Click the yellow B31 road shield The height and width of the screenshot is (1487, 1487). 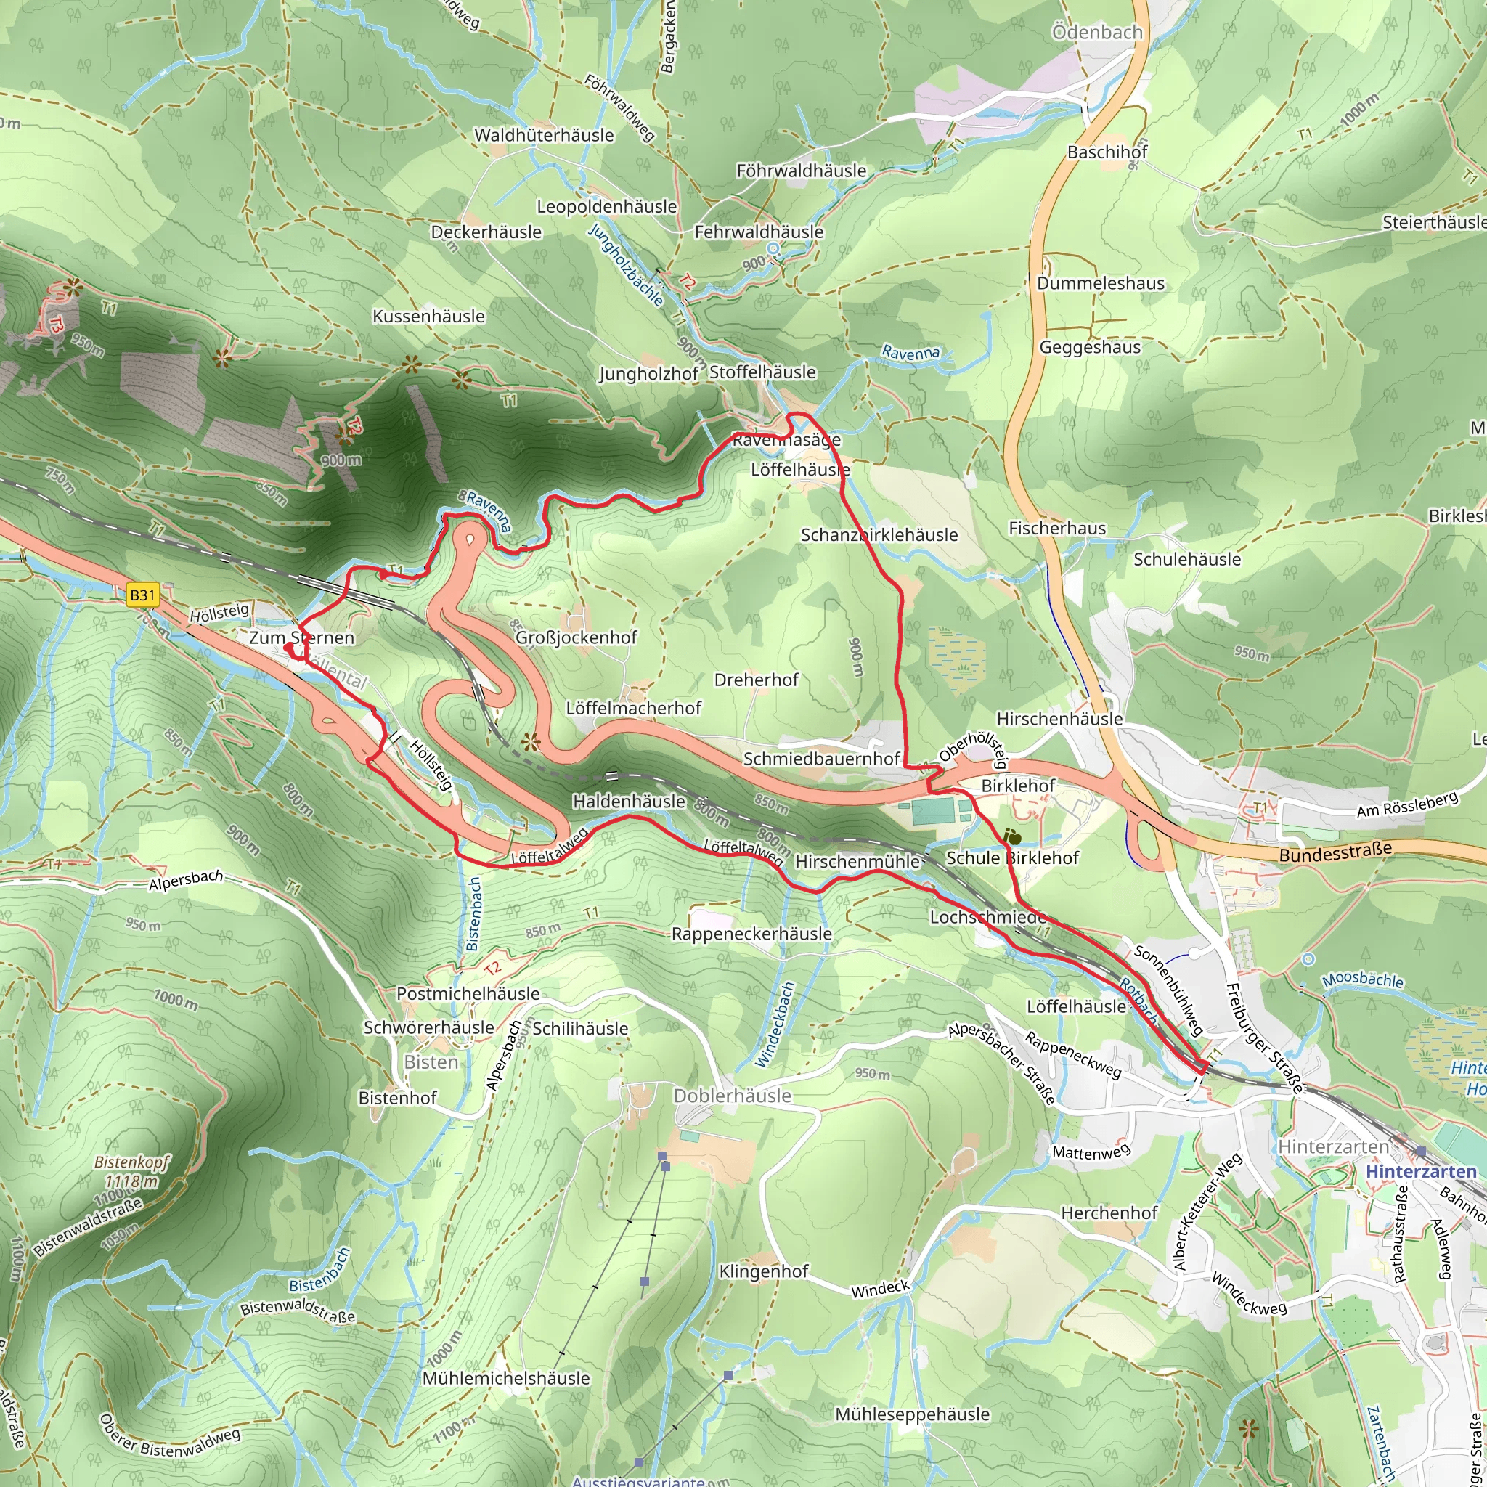[x=142, y=595]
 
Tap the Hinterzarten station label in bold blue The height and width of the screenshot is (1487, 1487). [x=1421, y=1171]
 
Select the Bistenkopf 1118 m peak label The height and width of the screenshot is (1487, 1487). [x=131, y=1171]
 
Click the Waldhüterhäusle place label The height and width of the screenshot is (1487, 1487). [x=543, y=136]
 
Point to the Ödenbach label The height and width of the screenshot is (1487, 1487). [x=1097, y=33]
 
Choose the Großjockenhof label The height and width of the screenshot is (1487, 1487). [x=576, y=637]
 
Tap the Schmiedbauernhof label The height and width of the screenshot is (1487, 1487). [x=820, y=759]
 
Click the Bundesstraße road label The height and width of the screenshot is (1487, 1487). [x=1335, y=852]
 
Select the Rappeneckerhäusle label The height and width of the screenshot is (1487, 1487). [x=751, y=934]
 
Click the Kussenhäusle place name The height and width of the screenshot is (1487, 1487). [x=428, y=317]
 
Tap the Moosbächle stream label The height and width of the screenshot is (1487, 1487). [x=1362, y=980]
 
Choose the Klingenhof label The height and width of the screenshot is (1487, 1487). [x=764, y=1271]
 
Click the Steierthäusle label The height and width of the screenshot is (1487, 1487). [x=1433, y=222]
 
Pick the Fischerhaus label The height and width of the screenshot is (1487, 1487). [x=1056, y=528]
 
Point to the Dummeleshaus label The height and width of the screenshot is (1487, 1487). [x=1100, y=283]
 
